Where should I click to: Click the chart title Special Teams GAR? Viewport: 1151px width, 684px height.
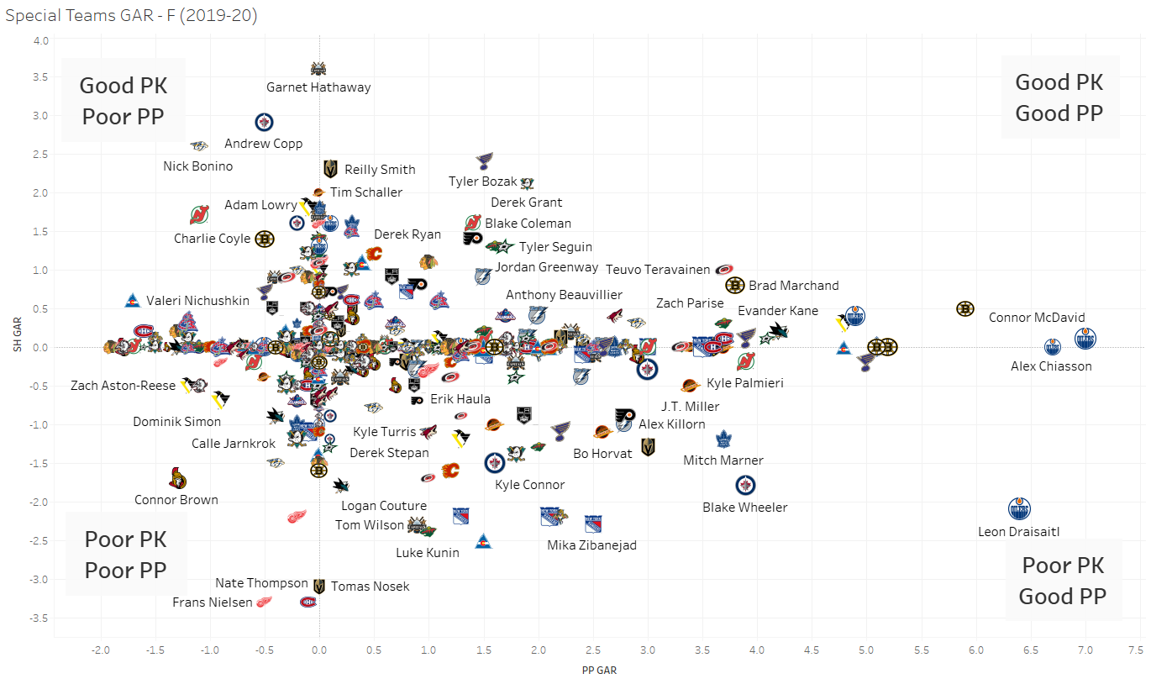(x=131, y=14)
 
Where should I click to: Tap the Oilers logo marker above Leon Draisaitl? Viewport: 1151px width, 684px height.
(x=1019, y=508)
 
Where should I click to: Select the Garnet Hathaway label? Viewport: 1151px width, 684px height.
(x=318, y=87)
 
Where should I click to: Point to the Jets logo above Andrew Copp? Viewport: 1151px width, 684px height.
(x=264, y=122)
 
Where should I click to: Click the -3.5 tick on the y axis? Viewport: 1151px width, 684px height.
(x=40, y=618)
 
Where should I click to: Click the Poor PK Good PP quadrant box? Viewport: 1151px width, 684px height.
(x=1063, y=581)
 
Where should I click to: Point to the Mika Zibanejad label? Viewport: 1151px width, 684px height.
(x=591, y=545)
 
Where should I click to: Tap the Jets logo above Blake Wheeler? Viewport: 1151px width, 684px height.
(x=745, y=485)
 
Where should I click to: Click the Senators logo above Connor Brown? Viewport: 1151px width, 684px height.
(x=177, y=479)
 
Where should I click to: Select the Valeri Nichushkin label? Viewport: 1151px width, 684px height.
(x=197, y=301)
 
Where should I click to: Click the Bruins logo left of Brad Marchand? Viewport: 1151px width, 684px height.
(x=735, y=286)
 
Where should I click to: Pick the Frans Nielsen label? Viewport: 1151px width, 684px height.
(x=212, y=602)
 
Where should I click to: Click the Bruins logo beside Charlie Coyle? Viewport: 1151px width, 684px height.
(x=264, y=239)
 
